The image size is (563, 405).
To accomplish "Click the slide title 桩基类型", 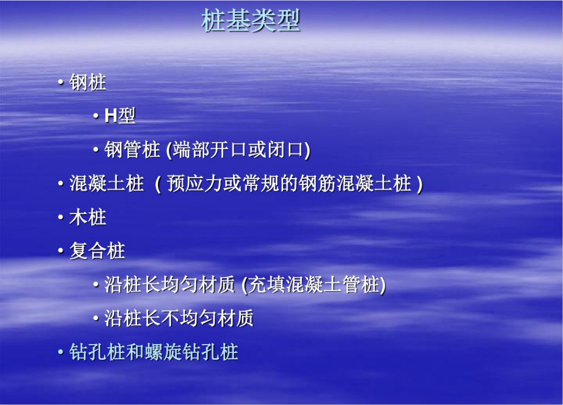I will [251, 21].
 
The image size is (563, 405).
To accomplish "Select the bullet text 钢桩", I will [88, 82].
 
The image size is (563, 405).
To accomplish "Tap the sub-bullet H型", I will [120, 116].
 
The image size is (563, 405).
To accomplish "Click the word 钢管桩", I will [132, 150].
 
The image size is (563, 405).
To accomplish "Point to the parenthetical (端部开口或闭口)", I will [238, 150].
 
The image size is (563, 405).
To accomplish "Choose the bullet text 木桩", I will [88, 218].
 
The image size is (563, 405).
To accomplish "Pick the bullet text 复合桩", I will [97, 251].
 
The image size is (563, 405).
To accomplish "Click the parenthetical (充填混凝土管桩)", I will [313, 285].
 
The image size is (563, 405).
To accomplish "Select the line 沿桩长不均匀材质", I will [179, 318].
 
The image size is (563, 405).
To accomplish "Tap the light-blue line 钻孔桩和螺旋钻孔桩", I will [154, 352].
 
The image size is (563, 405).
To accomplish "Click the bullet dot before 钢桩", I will [61, 83].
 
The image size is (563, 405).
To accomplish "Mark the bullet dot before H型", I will [96, 116].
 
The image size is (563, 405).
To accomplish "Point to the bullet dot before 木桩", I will [61, 218].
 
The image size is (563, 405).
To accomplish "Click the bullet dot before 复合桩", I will [61, 252].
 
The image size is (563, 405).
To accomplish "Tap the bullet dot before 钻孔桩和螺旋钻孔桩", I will [61, 352].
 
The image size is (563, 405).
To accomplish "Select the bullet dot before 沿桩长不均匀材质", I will [96, 319].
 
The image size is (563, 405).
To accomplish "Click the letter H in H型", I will [110, 116].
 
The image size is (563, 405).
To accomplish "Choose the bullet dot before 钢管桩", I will [96, 150].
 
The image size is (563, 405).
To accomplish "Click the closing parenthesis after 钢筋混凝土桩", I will [420, 184].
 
